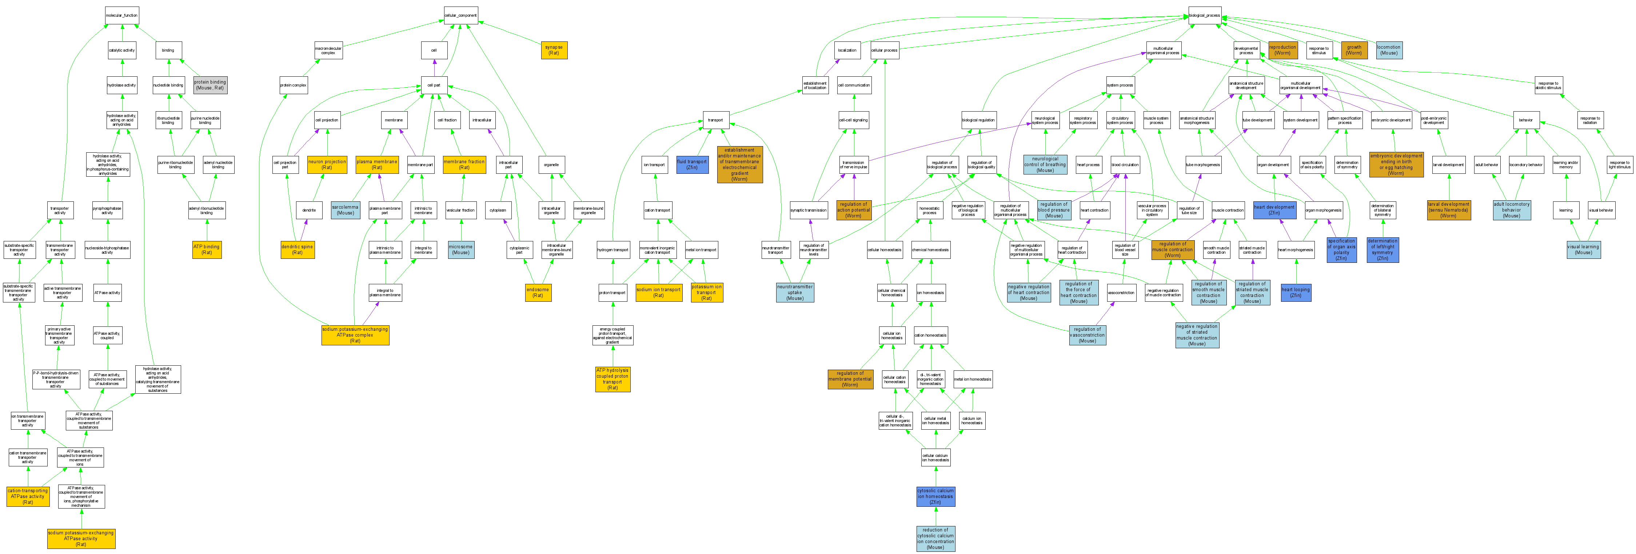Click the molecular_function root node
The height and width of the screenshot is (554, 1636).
click(x=121, y=15)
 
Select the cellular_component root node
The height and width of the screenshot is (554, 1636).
click(x=460, y=15)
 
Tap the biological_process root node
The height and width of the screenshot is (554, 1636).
click(x=1204, y=15)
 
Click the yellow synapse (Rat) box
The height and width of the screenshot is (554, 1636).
click(x=554, y=50)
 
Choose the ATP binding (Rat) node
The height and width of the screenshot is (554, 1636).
click(x=207, y=249)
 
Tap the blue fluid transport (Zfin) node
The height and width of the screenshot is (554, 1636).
click(x=692, y=164)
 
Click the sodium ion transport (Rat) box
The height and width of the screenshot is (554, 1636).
click(x=659, y=293)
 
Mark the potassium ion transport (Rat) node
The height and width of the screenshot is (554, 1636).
click(x=706, y=293)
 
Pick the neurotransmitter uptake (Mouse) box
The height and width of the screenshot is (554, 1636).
click(x=794, y=293)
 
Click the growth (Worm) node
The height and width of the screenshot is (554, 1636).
click(x=1354, y=50)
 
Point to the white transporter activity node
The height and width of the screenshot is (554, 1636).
click(x=60, y=210)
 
